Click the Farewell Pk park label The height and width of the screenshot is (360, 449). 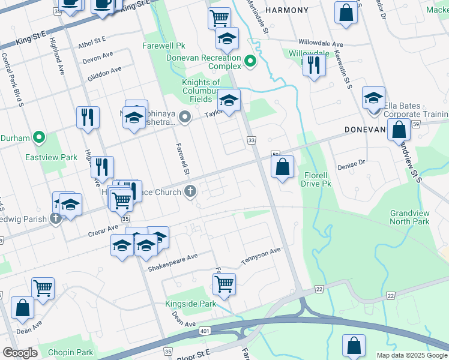(x=164, y=46)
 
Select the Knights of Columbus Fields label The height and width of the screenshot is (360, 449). (x=205, y=91)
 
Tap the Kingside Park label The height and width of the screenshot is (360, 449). (x=190, y=304)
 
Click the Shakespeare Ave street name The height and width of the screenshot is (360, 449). (x=173, y=257)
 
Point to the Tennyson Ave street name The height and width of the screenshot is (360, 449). (x=261, y=257)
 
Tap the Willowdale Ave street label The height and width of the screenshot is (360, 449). (x=321, y=44)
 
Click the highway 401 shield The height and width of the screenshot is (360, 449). (x=204, y=330)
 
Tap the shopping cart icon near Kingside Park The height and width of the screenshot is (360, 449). (x=224, y=283)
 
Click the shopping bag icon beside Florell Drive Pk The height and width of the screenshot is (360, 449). (x=282, y=167)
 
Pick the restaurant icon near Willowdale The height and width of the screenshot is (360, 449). (x=313, y=64)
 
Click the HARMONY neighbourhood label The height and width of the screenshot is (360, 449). (x=286, y=11)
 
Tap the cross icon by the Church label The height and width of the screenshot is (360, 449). (x=190, y=192)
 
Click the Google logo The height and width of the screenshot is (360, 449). (x=20, y=353)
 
